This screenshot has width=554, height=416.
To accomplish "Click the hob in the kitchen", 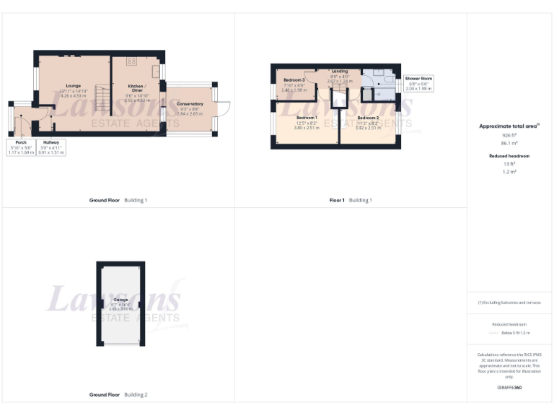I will click(x=131, y=61).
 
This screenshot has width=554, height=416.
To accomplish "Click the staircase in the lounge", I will click(x=102, y=97).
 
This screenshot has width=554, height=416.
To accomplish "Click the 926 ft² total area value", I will click(x=509, y=135).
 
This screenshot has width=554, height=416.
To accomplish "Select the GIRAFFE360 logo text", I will click(x=509, y=388).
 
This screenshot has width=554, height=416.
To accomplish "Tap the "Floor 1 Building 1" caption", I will click(x=350, y=200).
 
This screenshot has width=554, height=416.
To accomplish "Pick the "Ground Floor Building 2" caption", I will click(x=118, y=395).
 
